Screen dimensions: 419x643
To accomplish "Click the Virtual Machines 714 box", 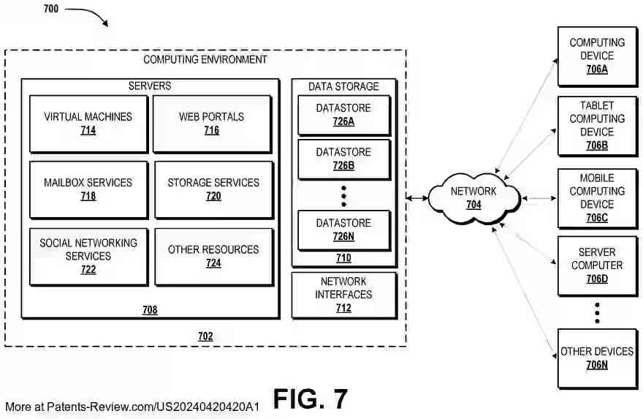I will tap(88, 123).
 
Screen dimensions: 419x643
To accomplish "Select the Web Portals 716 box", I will tap(212, 123).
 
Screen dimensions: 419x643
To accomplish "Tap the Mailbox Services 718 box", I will tap(88, 189).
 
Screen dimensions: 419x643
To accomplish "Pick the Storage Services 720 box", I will tap(213, 189).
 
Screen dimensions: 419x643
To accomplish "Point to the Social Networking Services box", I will tap(88, 256).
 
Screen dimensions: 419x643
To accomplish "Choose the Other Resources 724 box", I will tap(213, 256).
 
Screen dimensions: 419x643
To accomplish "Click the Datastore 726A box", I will tap(343, 115).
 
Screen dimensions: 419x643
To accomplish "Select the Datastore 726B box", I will tap(343, 159).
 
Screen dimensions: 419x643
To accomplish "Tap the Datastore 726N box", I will tap(343, 230).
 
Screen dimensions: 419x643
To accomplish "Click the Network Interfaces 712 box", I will tap(343, 295).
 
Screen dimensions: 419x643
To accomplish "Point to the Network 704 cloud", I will tap(473, 197).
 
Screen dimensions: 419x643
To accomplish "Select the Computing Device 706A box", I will tap(596, 56).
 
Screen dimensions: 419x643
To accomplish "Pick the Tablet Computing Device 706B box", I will tap(596, 125).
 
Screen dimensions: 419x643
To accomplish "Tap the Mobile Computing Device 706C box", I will tap(596, 197).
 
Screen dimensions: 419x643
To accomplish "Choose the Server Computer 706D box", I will tap(596, 265).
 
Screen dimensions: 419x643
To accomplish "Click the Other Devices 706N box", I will tap(596, 358).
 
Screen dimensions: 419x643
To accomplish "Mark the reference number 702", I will tap(206, 336).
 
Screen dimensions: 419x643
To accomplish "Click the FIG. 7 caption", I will tap(311, 399).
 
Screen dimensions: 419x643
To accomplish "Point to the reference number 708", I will tap(150, 310).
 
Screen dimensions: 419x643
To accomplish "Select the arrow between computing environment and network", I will tap(418, 198).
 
